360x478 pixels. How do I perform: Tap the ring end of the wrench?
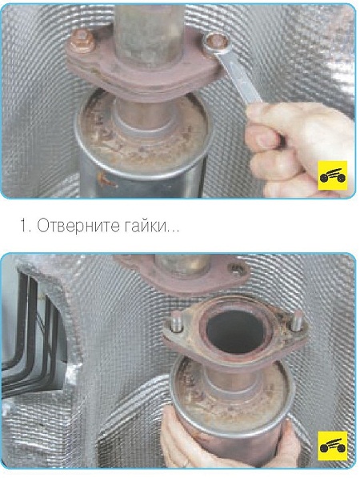click(217, 42)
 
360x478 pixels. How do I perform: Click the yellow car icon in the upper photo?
click(333, 175)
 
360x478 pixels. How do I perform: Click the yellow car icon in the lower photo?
click(333, 446)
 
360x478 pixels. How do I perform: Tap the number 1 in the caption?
click(24, 227)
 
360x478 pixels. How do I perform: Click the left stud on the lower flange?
click(176, 321)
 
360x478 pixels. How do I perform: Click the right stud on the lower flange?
click(296, 321)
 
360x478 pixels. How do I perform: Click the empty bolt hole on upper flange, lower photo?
click(238, 270)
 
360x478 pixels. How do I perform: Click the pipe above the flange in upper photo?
click(150, 34)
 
